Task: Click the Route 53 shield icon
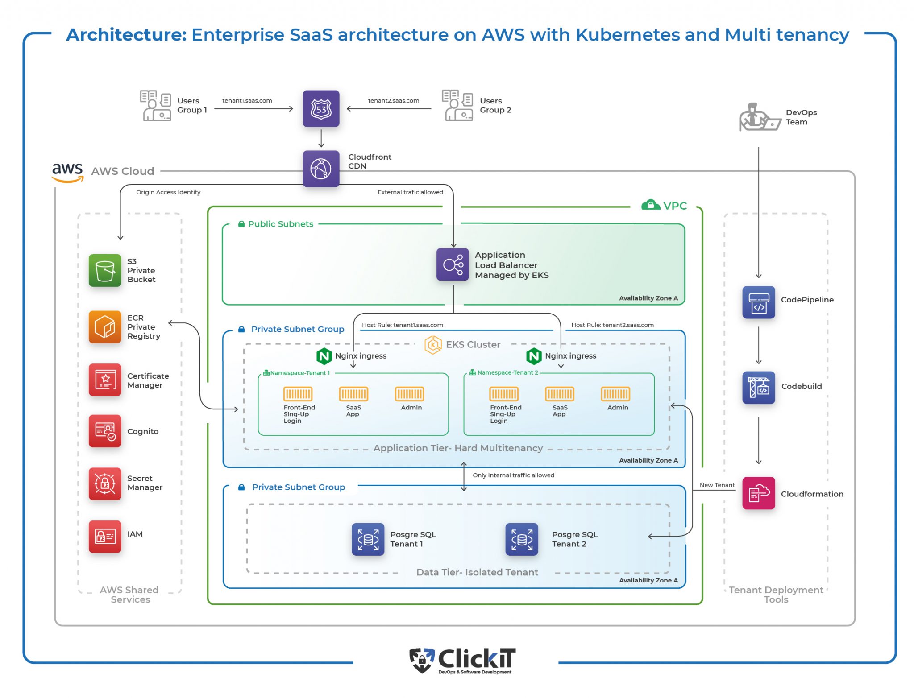[x=321, y=109]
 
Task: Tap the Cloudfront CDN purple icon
[x=321, y=169]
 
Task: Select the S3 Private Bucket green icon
[x=105, y=270]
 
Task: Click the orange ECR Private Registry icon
[x=105, y=327]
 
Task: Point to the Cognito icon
[x=105, y=431]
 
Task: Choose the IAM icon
[x=105, y=536]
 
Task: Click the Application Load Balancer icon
[x=453, y=264]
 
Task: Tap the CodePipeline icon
[x=758, y=302]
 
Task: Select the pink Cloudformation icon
[x=758, y=493]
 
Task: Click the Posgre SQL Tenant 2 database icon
[x=521, y=539]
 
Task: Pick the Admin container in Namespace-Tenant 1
[x=409, y=394]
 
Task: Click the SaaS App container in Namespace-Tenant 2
[x=559, y=394]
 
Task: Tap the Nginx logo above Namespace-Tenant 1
[x=324, y=356]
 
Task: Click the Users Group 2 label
[x=495, y=105]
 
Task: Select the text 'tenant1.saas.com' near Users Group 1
[x=247, y=101]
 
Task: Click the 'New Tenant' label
[x=717, y=485]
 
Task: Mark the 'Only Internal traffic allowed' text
[x=513, y=475]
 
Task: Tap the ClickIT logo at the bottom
[x=463, y=661]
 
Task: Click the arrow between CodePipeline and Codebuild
[x=758, y=345]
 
